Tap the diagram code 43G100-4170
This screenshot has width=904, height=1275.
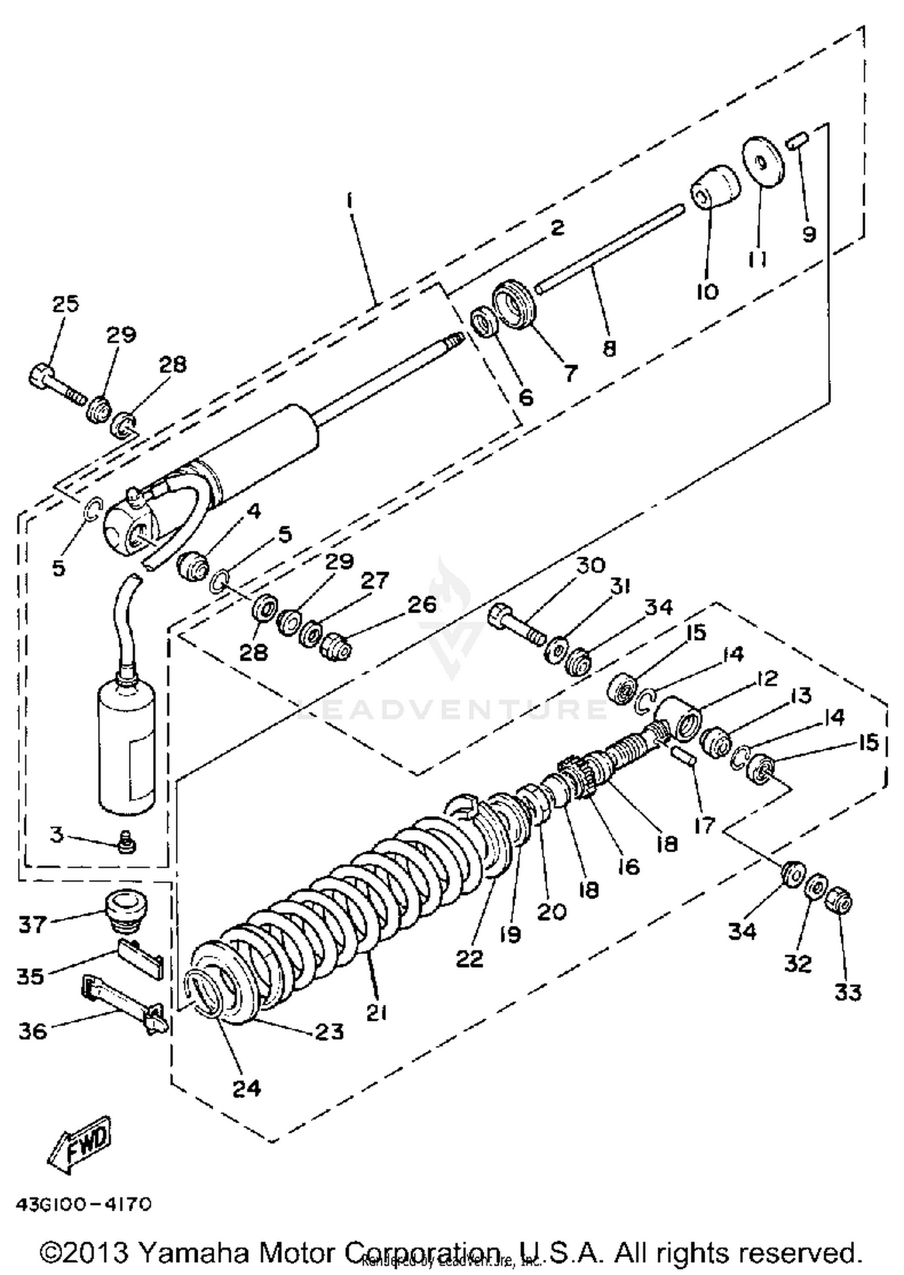coord(83,1204)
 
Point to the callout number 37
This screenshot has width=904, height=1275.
coord(33,924)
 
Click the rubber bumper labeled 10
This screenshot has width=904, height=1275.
coord(715,187)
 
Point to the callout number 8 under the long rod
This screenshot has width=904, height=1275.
coord(609,348)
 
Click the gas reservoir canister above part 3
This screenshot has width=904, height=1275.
coord(127,746)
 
